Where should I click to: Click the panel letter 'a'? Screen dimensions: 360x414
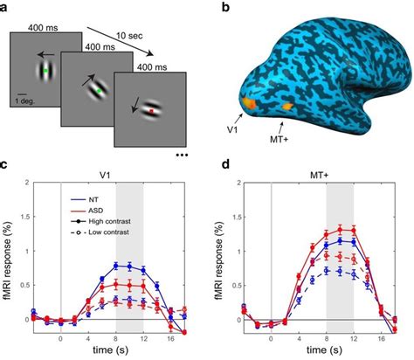pyautogui.click(x=7, y=8)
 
